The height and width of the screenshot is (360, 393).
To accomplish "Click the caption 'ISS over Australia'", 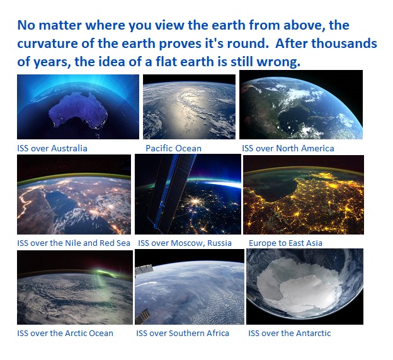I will coord(52,149).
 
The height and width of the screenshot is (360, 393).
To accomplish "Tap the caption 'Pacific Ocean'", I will coord(173,149).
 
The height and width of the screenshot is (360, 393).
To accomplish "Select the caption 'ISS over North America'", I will coord(288,149).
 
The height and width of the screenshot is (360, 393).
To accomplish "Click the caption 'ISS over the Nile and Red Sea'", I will coord(74,243).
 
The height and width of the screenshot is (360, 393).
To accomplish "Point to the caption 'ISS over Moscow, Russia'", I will coord(185,243).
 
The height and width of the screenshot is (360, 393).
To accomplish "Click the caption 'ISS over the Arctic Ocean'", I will coord(65,334).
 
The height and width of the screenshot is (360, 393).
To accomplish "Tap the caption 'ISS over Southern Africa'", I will coord(183,334).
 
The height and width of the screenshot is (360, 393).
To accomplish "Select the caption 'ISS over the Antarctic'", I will coord(289,334).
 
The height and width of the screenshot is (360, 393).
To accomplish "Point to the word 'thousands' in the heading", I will coord(343,44).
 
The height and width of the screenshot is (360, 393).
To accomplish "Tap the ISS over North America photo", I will coord(301,105).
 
